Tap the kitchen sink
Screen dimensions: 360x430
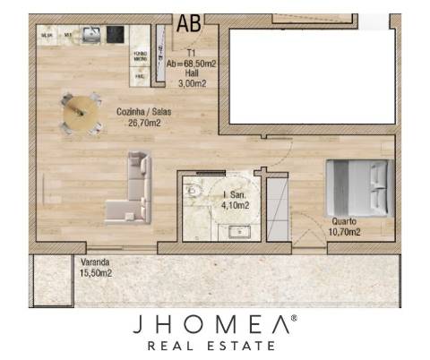(90, 34)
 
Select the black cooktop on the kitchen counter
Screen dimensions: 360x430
(115, 35)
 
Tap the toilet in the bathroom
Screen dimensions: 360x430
(193, 191)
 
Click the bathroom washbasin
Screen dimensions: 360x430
(239, 233)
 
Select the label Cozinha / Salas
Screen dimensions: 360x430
(143, 112)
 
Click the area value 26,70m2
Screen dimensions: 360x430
(143, 123)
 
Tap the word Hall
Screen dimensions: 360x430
(192, 73)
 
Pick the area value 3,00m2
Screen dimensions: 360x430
(192, 83)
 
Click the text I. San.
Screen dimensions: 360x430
(235, 194)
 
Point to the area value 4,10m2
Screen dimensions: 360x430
(235, 205)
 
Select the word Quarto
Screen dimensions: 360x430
(346, 221)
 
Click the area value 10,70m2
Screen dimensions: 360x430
(346, 232)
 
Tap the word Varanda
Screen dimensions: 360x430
(96, 262)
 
